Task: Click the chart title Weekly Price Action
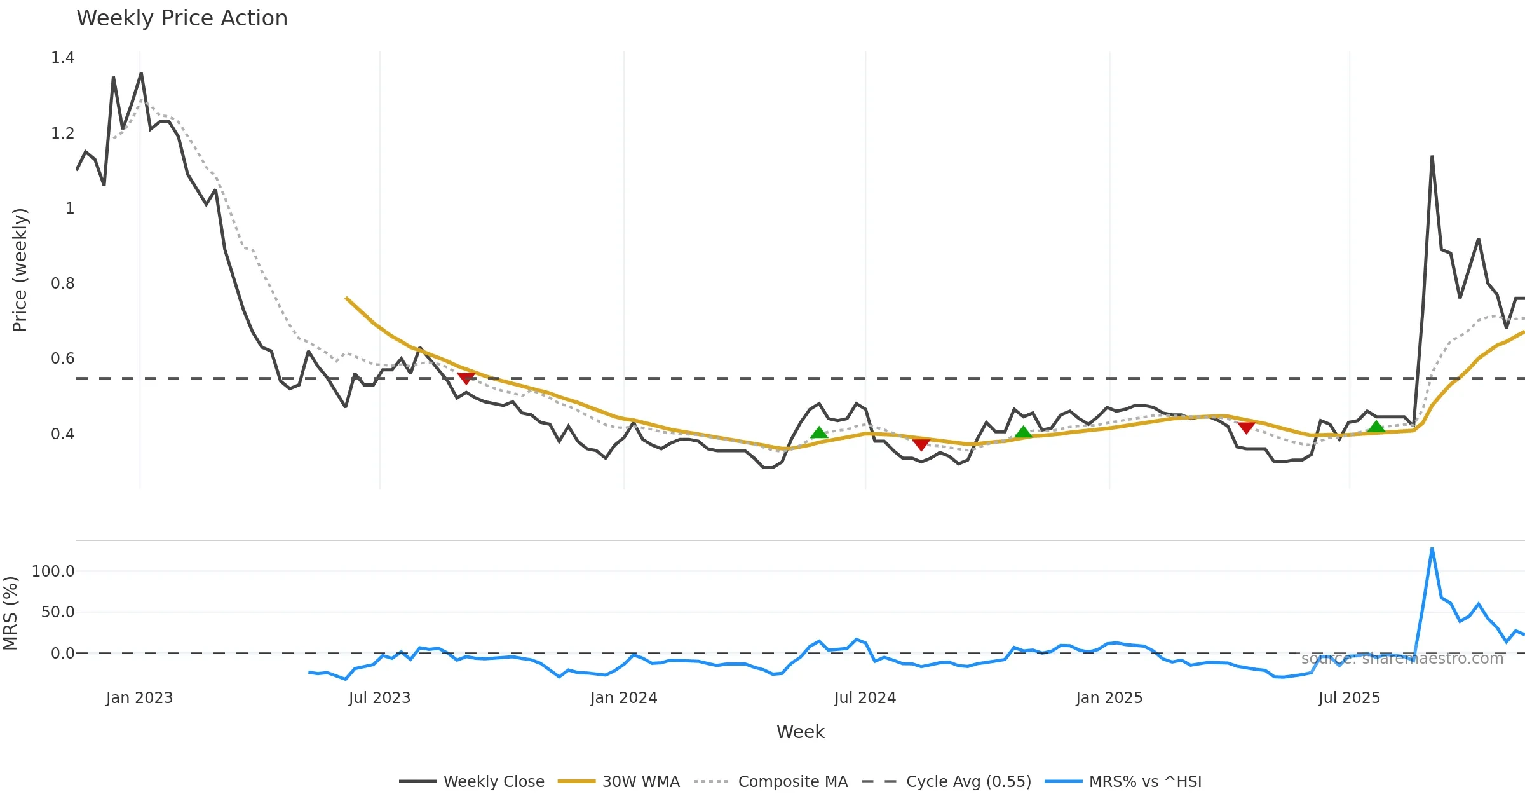tap(182, 18)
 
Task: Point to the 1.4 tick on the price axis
tap(62, 58)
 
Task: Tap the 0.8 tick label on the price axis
tap(62, 284)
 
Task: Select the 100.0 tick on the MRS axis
tap(53, 572)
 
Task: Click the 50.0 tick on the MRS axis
tap(57, 612)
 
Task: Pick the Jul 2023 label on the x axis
tap(379, 698)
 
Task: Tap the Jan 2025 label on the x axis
tap(1109, 698)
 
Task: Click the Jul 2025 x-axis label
tap(1349, 698)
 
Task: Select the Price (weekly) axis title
tap(20, 270)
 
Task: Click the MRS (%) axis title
tap(10, 613)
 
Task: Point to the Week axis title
tap(800, 732)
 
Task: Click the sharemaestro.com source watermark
tap(1402, 659)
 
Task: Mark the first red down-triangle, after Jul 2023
tap(466, 378)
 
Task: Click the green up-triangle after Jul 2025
tap(1376, 427)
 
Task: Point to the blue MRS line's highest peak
tap(1432, 549)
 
